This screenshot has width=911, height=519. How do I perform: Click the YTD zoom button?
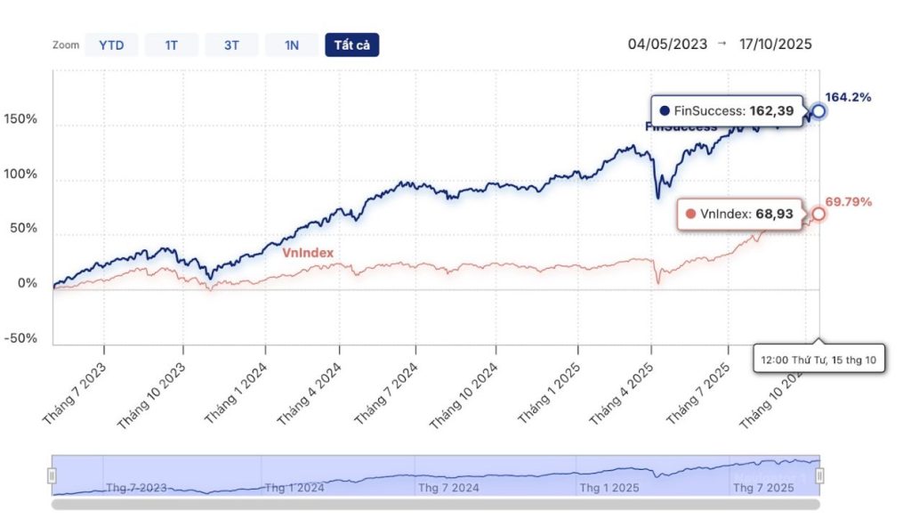click(111, 45)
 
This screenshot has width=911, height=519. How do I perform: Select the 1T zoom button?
click(171, 45)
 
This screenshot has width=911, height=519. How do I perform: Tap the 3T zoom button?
click(230, 45)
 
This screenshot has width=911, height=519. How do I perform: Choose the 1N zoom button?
click(291, 45)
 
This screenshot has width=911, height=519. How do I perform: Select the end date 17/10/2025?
click(776, 44)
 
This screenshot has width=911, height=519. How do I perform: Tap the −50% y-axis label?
click(19, 338)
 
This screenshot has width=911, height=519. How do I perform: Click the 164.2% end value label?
click(848, 96)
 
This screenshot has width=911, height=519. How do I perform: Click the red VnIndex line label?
click(308, 253)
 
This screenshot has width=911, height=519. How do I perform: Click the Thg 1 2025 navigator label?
click(609, 488)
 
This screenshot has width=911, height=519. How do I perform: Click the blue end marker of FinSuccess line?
click(818, 111)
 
